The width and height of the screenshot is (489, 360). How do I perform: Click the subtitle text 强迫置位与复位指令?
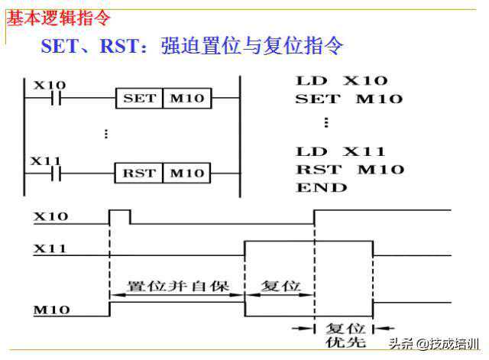(x=252, y=46)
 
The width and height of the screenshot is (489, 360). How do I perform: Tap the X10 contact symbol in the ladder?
(x=54, y=99)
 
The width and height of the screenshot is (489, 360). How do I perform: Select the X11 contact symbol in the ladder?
(x=54, y=173)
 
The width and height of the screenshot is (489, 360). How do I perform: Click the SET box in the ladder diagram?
(x=139, y=99)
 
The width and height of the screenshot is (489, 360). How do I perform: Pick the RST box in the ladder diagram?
(x=139, y=173)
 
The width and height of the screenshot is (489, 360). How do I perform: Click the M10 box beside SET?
(x=186, y=99)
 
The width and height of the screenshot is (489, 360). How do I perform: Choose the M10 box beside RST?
(x=186, y=173)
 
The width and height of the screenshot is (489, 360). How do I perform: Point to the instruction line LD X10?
(x=342, y=80)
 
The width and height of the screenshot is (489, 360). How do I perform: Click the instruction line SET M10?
(x=348, y=99)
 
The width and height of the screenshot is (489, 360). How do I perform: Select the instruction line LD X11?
(x=341, y=151)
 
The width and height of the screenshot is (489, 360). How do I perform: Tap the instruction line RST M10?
(x=349, y=169)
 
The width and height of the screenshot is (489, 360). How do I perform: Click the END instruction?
(x=322, y=187)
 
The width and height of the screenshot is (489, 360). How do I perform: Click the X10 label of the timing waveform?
(x=50, y=216)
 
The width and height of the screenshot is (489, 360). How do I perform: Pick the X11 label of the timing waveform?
(x=50, y=248)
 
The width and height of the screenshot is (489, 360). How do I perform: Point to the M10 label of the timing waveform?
(x=50, y=310)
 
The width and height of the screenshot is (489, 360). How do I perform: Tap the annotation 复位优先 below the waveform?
(x=343, y=333)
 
